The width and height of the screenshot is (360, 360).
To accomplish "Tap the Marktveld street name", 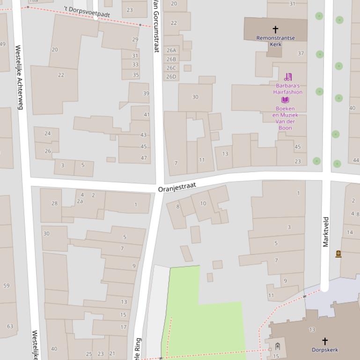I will click(x=326, y=231).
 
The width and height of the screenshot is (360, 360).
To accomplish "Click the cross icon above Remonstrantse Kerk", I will click(x=275, y=29).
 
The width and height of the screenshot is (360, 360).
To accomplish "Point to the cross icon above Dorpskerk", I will click(x=324, y=341).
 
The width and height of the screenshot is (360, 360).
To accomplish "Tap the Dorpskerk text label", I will click(x=324, y=350).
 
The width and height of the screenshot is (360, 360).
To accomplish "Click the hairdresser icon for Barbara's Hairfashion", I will click(x=288, y=77).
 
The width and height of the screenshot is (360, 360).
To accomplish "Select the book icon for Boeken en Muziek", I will click(x=285, y=100).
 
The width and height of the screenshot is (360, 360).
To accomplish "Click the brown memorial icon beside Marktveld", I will click(x=338, y=254).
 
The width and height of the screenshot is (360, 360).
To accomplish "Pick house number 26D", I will click(x=171, y=77).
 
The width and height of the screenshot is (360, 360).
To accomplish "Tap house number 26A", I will click(x=171, y=50).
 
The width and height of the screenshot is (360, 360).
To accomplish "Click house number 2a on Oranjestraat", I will click(x=80, y=202).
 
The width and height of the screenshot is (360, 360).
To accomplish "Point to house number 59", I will click(x=6, y=286).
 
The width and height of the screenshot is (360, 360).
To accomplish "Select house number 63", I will click(x=10, y=326).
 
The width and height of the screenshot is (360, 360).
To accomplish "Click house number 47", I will click(x=144, y=158).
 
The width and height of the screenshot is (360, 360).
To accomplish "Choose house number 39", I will click(x=146, y=94).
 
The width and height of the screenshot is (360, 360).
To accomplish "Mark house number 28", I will click(x=54, y=203).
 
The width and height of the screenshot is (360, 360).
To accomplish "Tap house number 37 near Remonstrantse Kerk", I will click(x=301, y=53).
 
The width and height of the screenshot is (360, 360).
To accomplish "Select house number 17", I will click(x=124, y=327).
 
